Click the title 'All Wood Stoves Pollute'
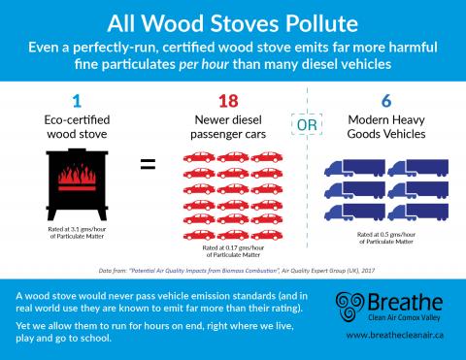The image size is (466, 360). [x=232, y=20]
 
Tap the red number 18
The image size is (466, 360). [x=230, y=101]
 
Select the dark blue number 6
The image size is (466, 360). [x=385, y=101]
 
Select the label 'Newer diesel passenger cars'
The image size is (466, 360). [x=230, y=129]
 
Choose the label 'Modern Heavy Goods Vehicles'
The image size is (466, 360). [x=385, y=129]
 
